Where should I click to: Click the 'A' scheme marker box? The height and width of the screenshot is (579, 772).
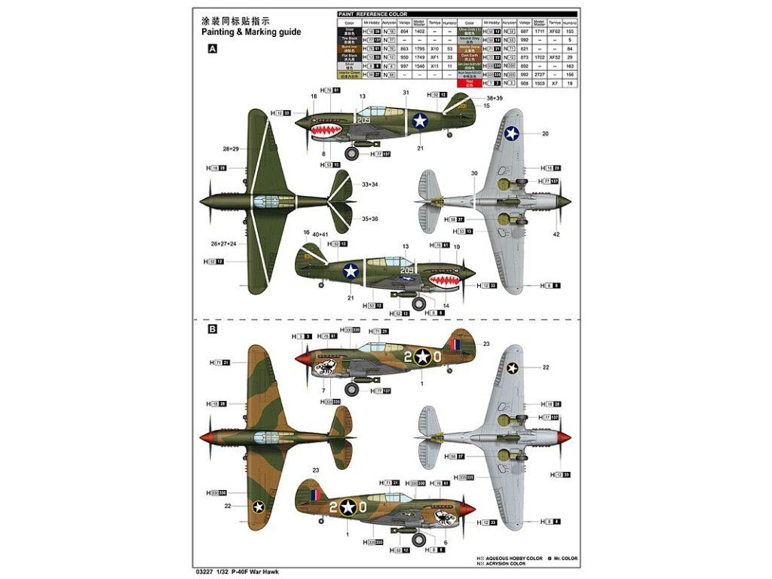[x=213, y=49]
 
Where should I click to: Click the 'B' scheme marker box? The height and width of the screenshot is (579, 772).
[x=213, y=329]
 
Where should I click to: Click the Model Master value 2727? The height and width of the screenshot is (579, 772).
[x=538, y=75]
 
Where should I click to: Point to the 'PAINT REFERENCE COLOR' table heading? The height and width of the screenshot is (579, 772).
[x=372, y=14]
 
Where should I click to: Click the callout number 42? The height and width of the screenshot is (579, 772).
[x=556, y=234]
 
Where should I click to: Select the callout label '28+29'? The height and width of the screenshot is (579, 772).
[x=231, y=149]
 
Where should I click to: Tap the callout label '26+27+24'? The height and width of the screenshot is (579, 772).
[x=223, y=244]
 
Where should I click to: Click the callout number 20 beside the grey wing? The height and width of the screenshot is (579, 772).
[x=545, y=133]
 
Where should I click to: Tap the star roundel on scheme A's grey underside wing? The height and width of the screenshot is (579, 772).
[x=512, y=133]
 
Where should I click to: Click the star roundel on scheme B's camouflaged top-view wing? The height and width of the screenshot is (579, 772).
[x=258, y=507]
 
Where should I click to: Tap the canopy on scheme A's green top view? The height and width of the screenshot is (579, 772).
[x=265, y=201]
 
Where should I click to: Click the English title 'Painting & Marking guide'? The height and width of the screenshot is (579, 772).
[x=251, y=32]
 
